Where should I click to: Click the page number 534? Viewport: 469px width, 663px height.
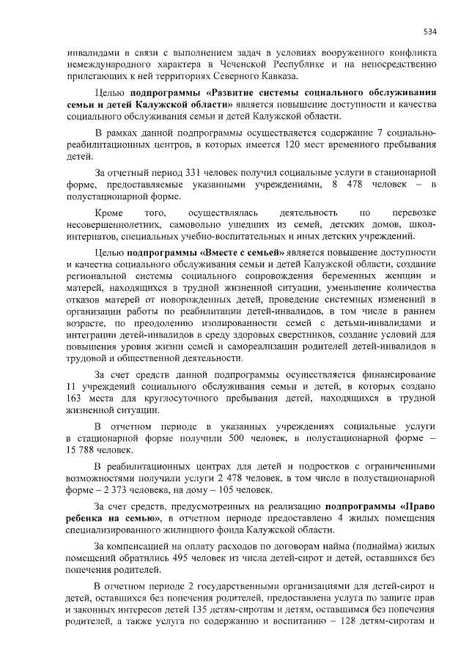(x=430, y=31)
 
